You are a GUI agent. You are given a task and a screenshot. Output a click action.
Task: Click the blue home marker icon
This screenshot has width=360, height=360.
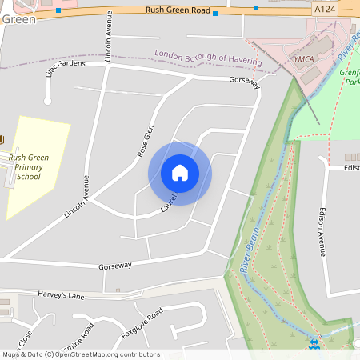(x=180, y=172)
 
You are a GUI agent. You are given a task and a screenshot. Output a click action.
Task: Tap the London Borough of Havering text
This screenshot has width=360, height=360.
(x=207, y=58)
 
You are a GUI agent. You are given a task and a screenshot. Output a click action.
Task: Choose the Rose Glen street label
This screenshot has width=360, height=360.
(x=145, y=141)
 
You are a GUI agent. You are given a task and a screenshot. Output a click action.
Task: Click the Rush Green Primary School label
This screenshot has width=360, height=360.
(x=30, y=167)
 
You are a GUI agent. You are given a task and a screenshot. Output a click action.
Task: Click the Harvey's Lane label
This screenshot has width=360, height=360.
(x=60, y=295)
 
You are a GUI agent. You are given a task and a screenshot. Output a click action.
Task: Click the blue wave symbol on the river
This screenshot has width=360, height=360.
(x=315, y=345)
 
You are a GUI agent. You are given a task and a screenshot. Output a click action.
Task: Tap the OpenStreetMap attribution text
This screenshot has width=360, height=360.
(x=80, y=354)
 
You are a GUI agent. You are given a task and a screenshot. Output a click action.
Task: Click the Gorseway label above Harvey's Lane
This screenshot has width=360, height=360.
(x=114, y=266)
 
